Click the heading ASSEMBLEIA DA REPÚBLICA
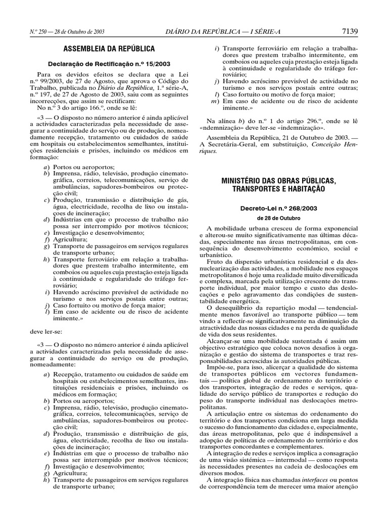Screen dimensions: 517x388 [x=109, y=49]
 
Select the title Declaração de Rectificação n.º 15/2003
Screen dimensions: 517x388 [x=109, y=64]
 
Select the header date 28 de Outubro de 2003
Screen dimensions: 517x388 [x=79, y=32]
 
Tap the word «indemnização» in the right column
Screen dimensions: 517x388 [x=301, y=128]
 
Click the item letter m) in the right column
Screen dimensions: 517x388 [x=214, y=101]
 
